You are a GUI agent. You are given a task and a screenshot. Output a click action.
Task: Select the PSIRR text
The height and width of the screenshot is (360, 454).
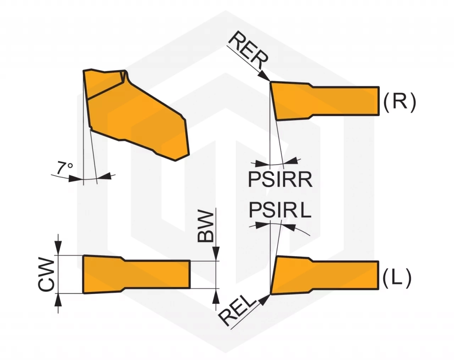point(280,180)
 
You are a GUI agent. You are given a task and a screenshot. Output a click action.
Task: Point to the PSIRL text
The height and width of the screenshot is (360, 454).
point(280,210)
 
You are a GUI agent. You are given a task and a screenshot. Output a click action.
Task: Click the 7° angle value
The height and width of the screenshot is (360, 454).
point(64,167)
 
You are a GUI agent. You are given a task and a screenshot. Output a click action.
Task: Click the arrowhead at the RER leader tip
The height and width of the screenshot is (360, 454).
point(265,76)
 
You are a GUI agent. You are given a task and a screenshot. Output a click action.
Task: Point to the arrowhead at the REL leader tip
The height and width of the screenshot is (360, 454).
point(265,300)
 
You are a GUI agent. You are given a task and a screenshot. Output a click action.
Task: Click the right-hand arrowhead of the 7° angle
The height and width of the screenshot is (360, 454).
point(104,176)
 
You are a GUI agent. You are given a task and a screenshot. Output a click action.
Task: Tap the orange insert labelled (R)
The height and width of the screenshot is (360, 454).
point(325,101)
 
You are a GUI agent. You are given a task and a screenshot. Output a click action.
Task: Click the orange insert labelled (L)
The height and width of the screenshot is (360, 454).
point(325,275)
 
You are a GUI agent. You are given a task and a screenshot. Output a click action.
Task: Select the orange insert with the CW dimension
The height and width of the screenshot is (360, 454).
point(137,274)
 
